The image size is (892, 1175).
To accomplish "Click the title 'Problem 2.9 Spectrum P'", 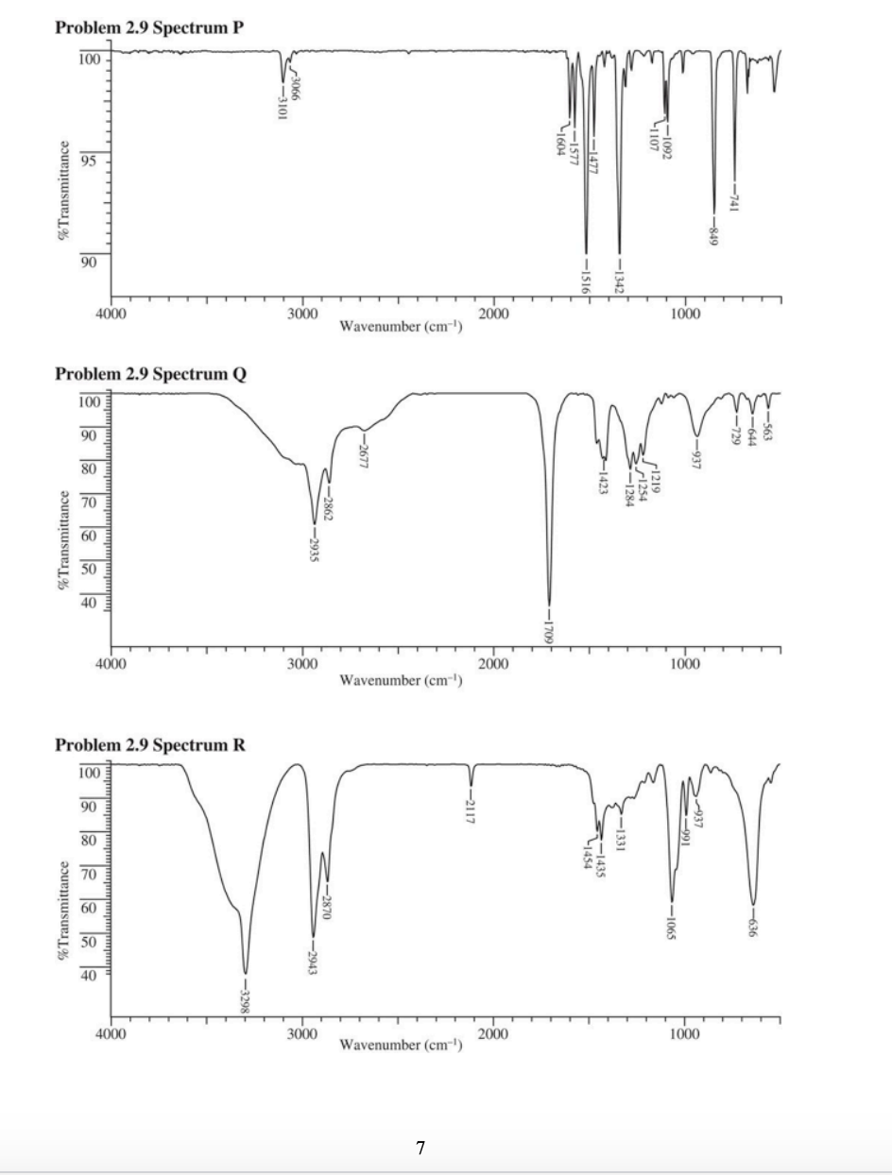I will click(x=148, y=27).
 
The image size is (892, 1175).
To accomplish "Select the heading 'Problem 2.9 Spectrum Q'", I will click(x=150, y=373).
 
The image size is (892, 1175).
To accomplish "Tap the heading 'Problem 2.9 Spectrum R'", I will click(x=150, y=745).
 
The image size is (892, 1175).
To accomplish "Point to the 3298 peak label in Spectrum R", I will click(x=246, y=995).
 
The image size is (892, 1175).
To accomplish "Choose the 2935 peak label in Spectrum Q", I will click(x=314, y=547).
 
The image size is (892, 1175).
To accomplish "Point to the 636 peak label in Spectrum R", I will click(x=753, y=926).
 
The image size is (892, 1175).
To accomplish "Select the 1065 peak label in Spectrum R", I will click(x=671, y=926).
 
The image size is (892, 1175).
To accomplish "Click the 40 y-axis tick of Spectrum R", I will click(x=88, y=975).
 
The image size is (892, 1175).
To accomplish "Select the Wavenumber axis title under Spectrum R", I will click(x=400, y=1045).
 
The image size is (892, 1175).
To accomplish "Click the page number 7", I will click(x=420, y=1148).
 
